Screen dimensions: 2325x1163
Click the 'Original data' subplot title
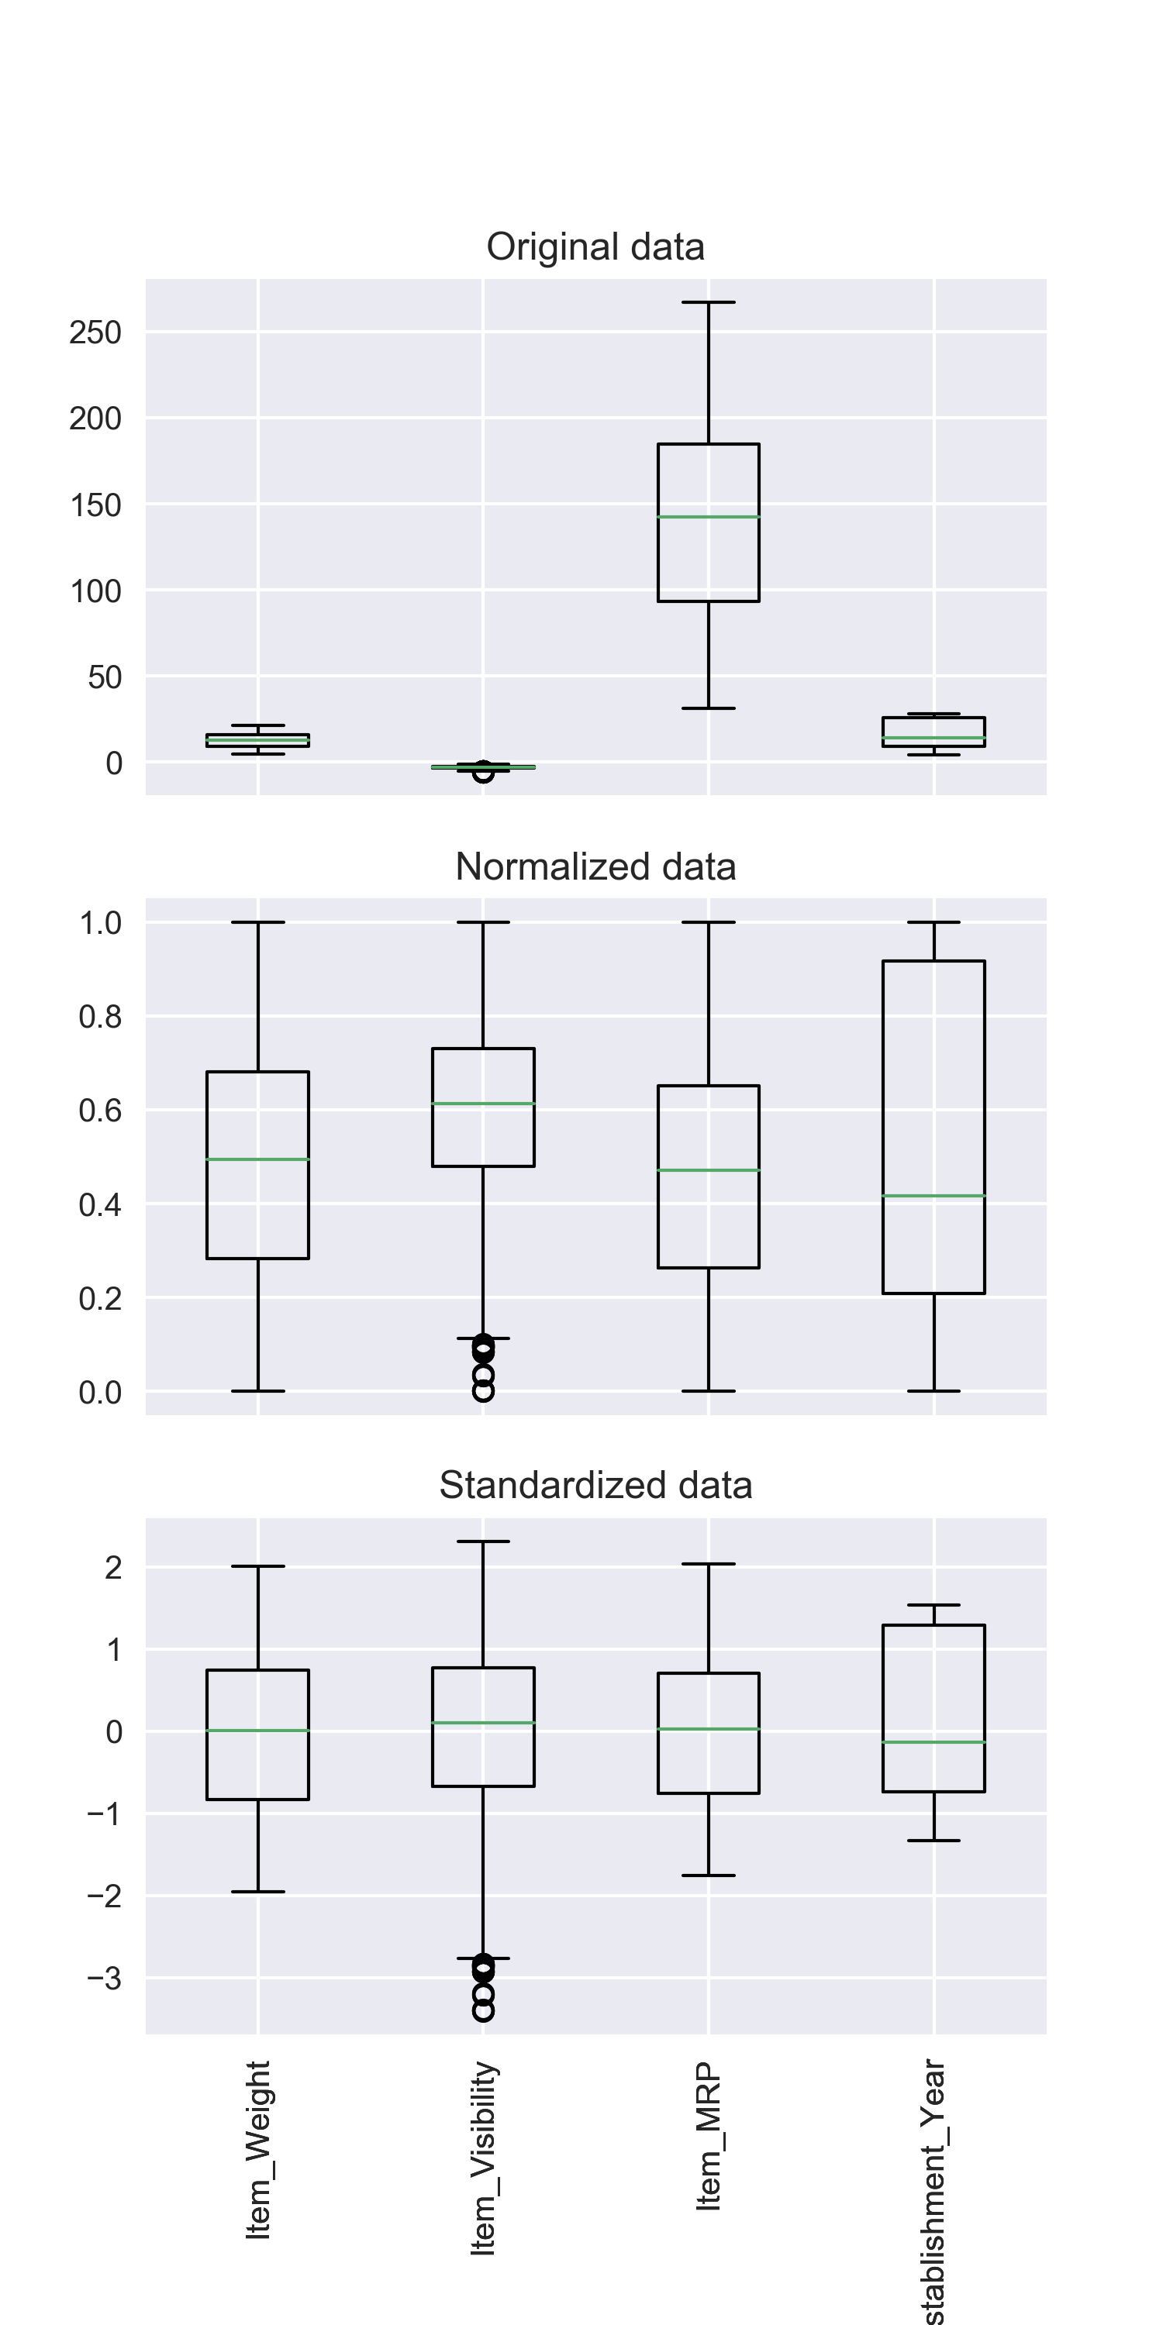tap(595, 247)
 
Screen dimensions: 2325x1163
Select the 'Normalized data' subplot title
tap(595, 866)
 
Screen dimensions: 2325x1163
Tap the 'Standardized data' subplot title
tap(595, 1486)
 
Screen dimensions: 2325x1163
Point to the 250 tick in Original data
tap(95, 332)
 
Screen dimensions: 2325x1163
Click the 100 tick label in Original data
tap(95, 591)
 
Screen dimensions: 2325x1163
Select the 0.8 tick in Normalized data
tap(99, 1017)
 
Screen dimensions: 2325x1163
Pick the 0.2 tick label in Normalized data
tap(99, 1299)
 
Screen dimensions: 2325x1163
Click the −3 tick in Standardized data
tap(104, 1979)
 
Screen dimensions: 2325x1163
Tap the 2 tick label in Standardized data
tap(113, 1568)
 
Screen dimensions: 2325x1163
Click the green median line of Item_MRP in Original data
tap(709, 517)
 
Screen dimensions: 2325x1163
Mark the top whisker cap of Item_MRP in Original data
tap(709, 302)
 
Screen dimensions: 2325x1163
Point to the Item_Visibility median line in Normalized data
tap(483, 1104)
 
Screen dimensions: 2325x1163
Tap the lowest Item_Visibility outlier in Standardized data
tap(483, 2011)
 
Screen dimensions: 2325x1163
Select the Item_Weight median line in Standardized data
tap(258, 1731)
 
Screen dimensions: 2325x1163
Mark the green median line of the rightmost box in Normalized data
tap(934, 1196)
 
